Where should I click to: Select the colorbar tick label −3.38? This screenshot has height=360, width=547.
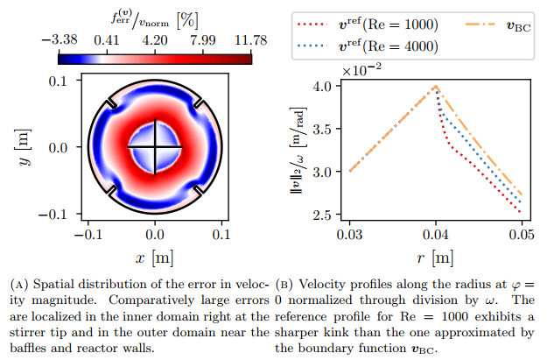tap(59, 40)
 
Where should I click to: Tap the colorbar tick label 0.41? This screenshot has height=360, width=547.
tap(107, 40)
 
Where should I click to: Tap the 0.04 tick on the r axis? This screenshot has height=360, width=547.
tap(435, 235)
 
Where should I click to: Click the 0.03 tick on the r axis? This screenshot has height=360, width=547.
tap(349, 235)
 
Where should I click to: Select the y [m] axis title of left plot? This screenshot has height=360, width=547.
tap(25, 147)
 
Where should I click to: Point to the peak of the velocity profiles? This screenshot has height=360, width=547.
tap(435, 86)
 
